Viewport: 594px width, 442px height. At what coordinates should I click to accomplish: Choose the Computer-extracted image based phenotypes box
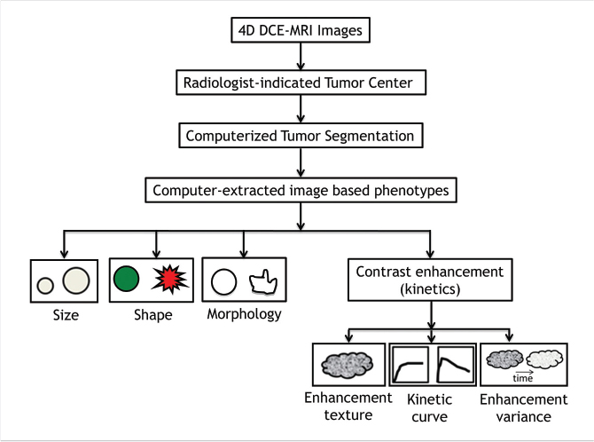point(301,189)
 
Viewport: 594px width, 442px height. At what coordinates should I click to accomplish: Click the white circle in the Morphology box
point(224,282)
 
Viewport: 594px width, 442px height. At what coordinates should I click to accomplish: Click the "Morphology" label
point(244,314)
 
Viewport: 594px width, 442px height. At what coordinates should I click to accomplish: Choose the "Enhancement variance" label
point(523,406)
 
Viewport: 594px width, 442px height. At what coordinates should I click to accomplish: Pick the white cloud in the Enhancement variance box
point(543,359)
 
